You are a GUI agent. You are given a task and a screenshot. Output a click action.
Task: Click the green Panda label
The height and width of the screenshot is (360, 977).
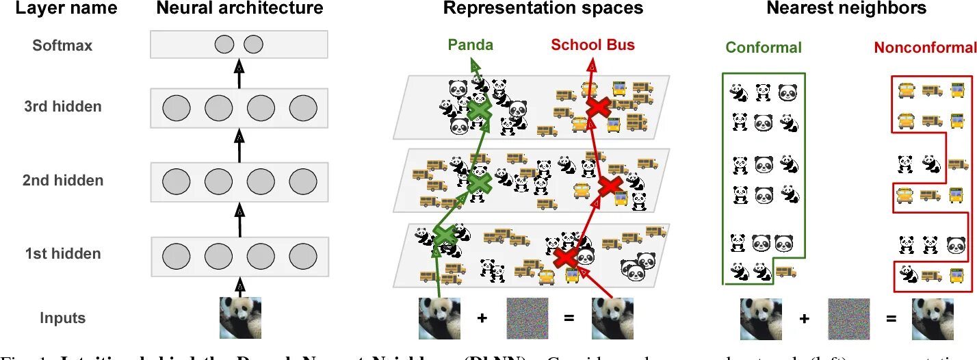[470, 45]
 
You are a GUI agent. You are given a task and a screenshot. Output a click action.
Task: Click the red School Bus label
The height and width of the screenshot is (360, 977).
[592, 45]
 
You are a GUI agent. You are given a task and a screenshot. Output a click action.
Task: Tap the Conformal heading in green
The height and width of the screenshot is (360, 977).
[764, 47]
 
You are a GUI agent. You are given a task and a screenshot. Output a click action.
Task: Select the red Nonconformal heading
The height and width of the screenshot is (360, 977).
[924, 47]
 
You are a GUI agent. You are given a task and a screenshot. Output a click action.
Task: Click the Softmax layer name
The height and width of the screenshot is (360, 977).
[62, 46]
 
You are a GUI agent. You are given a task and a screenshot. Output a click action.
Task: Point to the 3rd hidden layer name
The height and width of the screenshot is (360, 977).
[62, 106]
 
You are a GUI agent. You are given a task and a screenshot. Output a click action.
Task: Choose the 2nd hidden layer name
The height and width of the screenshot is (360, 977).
[62, 180]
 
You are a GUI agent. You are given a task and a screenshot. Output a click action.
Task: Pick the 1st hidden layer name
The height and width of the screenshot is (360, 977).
[62, 253]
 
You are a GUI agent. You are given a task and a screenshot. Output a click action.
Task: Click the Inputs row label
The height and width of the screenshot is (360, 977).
[62, 318]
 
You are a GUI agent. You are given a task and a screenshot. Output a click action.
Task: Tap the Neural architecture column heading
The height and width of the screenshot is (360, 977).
[239, 9]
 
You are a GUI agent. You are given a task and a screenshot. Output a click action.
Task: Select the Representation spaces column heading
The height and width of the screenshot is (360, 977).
[543, 9]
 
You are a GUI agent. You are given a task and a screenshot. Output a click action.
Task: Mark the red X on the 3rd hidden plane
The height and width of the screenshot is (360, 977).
[599, 106]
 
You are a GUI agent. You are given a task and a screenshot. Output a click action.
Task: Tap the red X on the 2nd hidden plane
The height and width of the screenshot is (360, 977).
[609, 185]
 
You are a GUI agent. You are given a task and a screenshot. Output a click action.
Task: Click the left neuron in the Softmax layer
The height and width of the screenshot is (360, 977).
[224, 45]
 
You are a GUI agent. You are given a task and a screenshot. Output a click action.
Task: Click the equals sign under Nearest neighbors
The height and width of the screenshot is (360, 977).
[890, 319]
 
